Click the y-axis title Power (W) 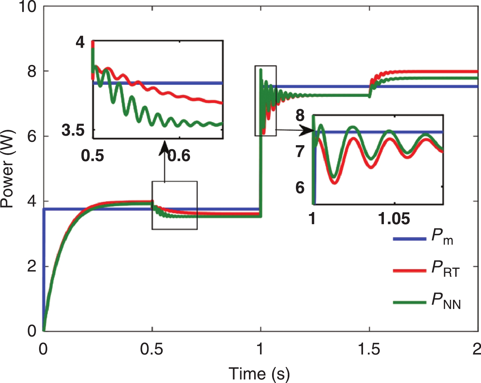[x=7, y=169]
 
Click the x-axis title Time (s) [x=259, y=374]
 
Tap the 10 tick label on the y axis [x=27, y=7]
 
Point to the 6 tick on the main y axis [x=32, y=136]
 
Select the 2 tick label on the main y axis [x=32, y=267]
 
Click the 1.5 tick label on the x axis [x=369, y=349]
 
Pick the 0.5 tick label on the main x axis [x=152, y=349]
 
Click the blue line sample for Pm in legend [x=410, y=239]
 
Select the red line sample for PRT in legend [x=410, y=270]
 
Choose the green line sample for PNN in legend [x=410, y=302]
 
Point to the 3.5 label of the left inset [x=73, y=130]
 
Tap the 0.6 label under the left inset [x=179, y=156]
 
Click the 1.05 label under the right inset [x=394, y=219]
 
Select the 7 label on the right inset [x=300, y=152]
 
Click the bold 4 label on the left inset [x=80, y=43]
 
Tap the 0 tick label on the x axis [x=43, y=349]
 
